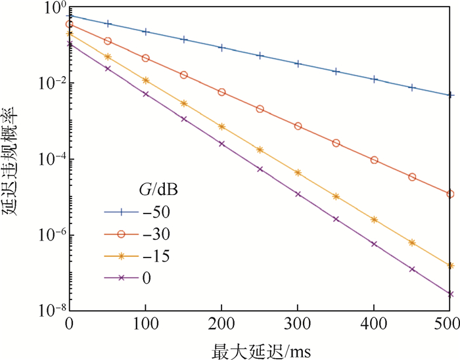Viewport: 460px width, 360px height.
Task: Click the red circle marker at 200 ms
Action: click(221, 92)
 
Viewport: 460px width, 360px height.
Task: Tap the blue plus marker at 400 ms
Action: click(374, 79)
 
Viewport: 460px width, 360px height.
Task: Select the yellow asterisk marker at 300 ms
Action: click(298, 173)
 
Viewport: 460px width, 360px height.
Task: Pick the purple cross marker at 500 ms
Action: click(450, 294)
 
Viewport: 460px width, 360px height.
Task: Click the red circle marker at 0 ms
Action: click(69, 24)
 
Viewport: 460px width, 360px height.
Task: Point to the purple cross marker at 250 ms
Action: click(260, 169)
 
